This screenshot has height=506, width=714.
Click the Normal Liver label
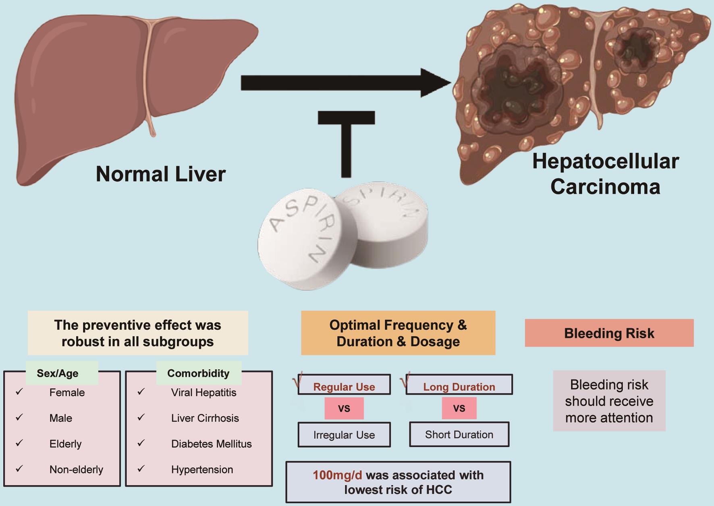coord(160,174)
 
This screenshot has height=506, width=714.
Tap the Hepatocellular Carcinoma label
coord(605,174)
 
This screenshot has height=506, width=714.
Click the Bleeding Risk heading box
coord(609,333)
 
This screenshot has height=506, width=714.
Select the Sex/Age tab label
coord(58,373)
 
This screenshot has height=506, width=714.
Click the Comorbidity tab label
coord(198,373)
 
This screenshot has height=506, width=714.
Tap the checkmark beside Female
coord(19,391)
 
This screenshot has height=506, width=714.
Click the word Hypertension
coord(202,469)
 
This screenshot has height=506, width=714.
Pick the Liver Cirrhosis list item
coord(205,418)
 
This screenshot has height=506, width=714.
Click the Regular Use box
coord(344,386)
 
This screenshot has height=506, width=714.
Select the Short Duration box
coord(459,434)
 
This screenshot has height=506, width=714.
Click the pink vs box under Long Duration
coord(459,408)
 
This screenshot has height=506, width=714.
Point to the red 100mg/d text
coord(337,475)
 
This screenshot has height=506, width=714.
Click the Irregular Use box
coord(344,435)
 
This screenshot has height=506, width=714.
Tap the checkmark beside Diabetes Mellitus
coord(141,443)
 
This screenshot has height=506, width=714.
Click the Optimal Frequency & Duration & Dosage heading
coord(398,333)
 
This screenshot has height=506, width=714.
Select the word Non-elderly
coord(76,469)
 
